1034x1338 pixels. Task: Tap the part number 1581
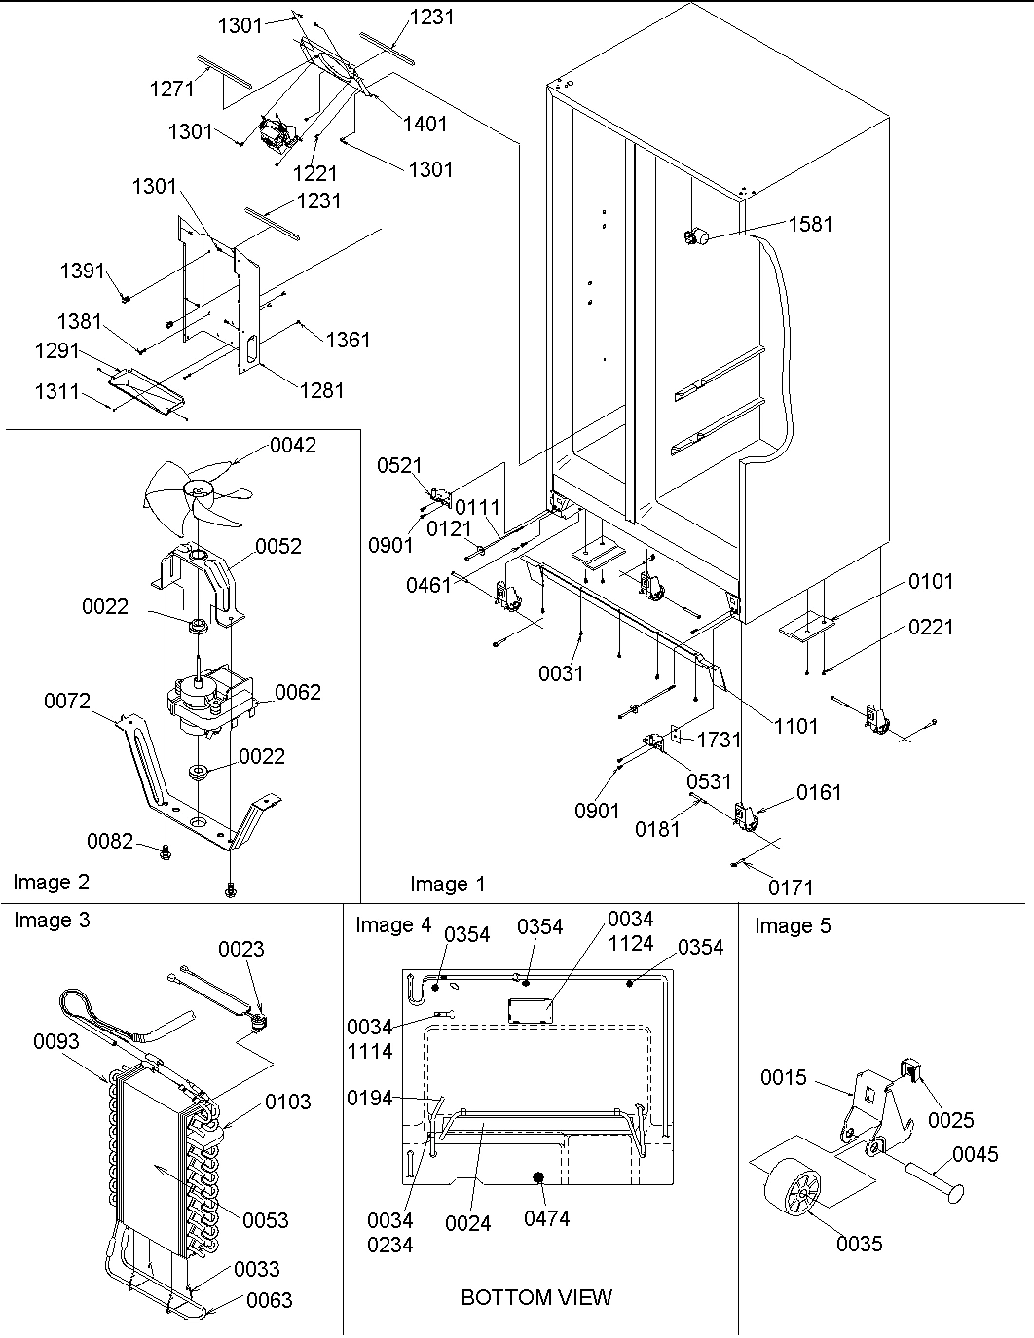pyautogui.click(x=810, y=224)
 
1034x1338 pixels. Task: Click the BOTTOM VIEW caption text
pyautogui.click(x=536, y=1297)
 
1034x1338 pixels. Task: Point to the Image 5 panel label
pyautogui.click(x=793, y=925)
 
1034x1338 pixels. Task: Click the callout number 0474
pyautogui.click(x=546, y=1218)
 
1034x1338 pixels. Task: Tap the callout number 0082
pyautogui.click(x=109, y=840)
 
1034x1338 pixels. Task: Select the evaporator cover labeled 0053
pyautogui.click(x=156, y=1168)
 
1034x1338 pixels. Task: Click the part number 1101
pyautogui.click(x=796, y=725)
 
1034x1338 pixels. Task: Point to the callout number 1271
pyautogui.click(x=172, y=89)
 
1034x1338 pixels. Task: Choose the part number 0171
pyautogui.click(x=790, y=886)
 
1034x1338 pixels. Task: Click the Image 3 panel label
pyautogui.click(x=52, y=920)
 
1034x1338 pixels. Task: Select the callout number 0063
pyautogui.click(x=269, y=1299)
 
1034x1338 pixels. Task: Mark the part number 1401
pyautogui.click(x=425, y=124)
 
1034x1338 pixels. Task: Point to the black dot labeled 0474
pyautogui.click(x=536, y=1177)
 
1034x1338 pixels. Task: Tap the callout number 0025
pyautogui.click(x=950, y=1120)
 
